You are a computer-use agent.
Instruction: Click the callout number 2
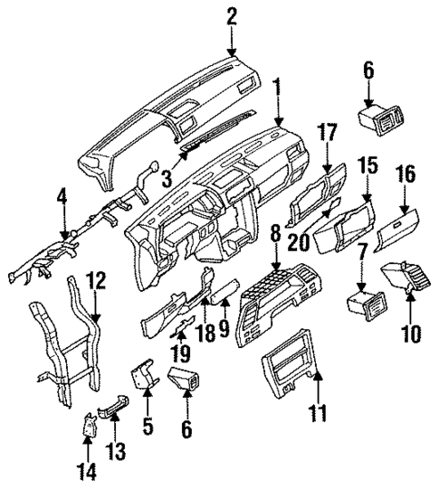232,15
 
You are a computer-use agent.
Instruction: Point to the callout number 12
97,279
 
